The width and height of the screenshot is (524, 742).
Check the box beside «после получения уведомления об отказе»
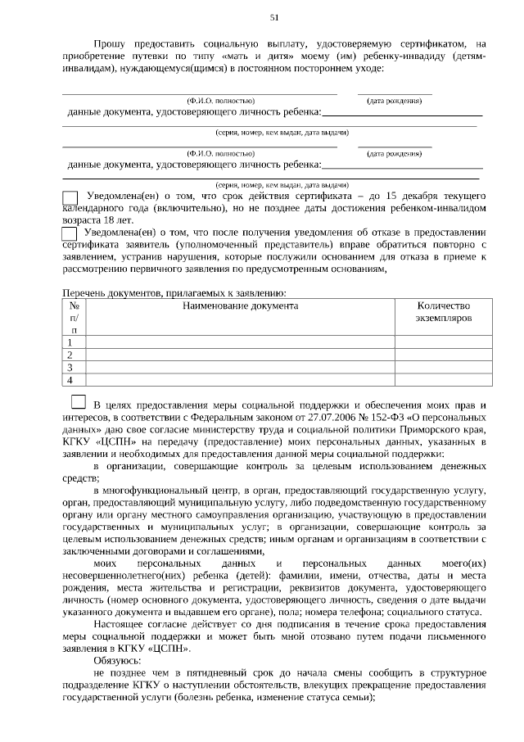tap(70, 233)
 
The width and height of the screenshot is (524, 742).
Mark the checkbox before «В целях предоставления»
tap(79, 402)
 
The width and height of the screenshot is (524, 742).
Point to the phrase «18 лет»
tap(114, 221)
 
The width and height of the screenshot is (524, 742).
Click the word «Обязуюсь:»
tap(117, 660)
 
